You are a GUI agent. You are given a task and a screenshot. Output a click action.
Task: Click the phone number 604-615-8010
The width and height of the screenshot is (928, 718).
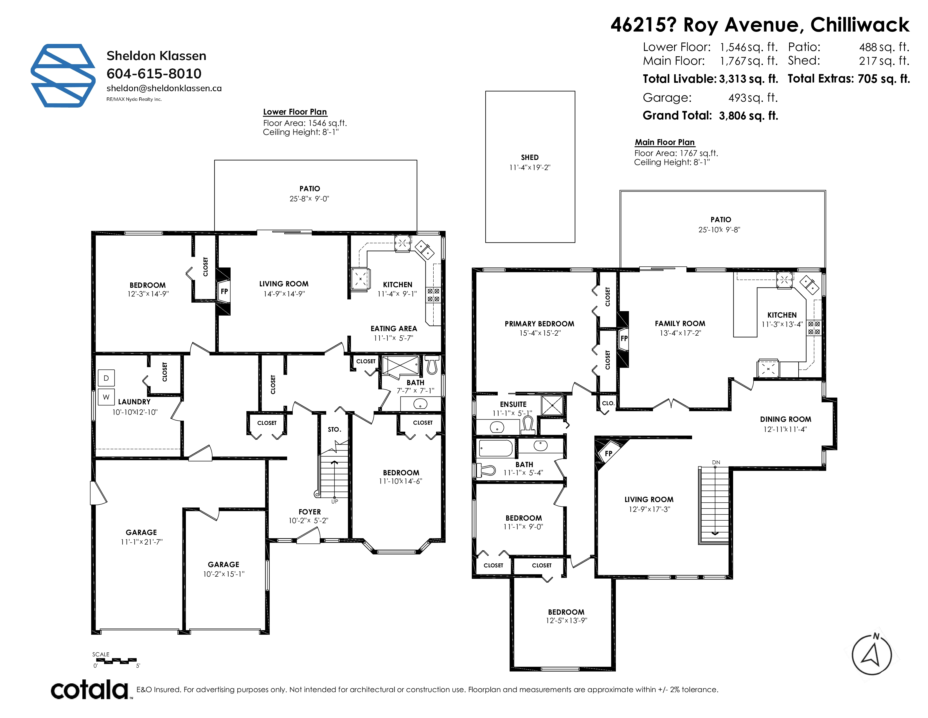[x=154, y=73]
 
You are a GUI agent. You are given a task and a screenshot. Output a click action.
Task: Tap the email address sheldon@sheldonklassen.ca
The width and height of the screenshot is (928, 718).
[x=164, y=88]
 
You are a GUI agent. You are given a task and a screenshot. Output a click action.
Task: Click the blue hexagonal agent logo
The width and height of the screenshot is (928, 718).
[x=63, y=75]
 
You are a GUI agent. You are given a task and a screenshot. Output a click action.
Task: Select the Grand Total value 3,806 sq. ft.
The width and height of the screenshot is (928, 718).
[x=748, y=116]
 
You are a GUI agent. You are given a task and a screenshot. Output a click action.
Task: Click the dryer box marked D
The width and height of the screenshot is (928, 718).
[x=106, y=378]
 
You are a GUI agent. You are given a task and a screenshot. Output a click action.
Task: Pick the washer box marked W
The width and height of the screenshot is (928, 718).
[x=106, y=397]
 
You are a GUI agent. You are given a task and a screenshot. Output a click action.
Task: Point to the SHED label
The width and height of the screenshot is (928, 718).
[x=530, y=157]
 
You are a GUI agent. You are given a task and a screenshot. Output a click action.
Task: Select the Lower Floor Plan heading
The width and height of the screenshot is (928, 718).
[x=295, y=112]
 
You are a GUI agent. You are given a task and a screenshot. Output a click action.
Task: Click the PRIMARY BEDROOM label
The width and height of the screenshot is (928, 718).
[x=539, y=324]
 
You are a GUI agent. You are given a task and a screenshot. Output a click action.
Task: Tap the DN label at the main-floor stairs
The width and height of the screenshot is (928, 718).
[x=716, y=462]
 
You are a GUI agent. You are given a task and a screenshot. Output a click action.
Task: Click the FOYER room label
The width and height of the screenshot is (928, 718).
[x=310, y=512]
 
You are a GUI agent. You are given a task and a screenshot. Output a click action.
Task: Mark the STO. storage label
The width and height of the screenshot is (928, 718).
[x=334, y=430]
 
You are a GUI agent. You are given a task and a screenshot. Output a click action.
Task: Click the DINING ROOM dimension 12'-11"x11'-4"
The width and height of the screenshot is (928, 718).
[x=785, y=429]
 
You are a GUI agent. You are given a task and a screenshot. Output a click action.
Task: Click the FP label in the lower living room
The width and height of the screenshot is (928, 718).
[x=224, y=291]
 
